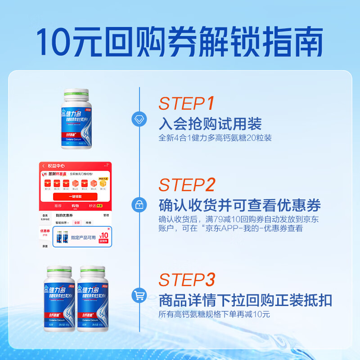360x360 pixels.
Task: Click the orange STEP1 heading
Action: [186, 103]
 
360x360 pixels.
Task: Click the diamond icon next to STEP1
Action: [139, 119]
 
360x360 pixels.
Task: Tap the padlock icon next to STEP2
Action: [139, 204]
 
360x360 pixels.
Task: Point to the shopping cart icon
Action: [139, 296]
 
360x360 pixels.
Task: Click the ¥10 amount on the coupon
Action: [104, 235]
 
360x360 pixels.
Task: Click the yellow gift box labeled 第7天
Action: [104, 183]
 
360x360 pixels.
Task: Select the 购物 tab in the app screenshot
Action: [75, 206]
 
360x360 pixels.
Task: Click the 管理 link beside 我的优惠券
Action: [106, 216]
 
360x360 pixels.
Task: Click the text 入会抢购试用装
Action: [210, 124]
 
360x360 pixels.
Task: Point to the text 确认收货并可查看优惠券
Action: [240, 206]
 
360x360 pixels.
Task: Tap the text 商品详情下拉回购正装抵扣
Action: [245, 300]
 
